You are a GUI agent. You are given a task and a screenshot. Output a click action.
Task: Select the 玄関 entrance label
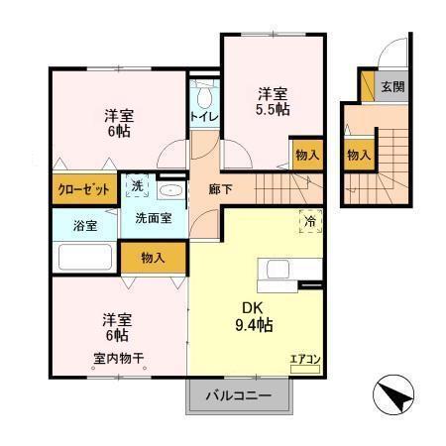tap(392, 86)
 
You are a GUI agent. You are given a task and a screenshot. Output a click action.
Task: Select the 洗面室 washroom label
tap(153, 218)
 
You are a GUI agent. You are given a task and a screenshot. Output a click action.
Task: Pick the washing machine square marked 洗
tap(135, 184)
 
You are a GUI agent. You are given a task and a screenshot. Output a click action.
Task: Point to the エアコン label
tap(304, 361)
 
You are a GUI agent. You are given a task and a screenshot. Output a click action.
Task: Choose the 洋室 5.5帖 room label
tap(274, 102)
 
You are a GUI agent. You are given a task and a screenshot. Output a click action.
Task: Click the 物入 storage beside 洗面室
tap(153, 258)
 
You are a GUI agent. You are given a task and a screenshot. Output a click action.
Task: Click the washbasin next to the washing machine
tap(170, 188)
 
